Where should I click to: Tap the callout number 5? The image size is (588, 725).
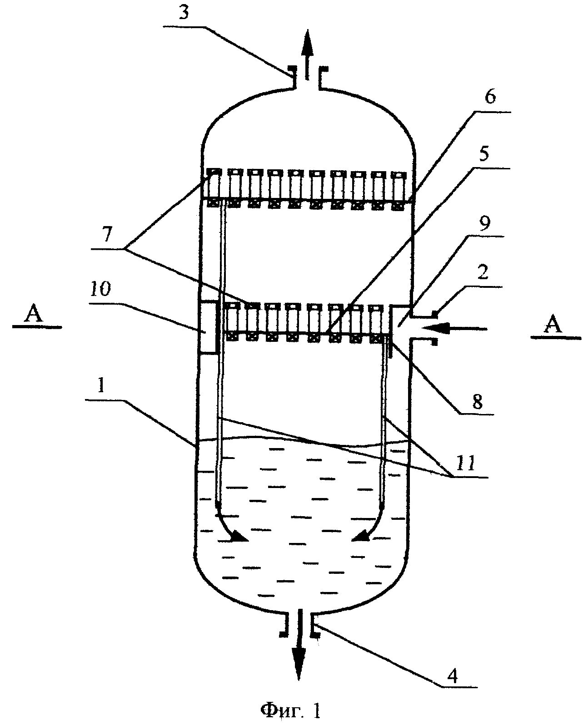pos(484,154)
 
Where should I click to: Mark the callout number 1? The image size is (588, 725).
pos(101,386)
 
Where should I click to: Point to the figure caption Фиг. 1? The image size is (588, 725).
pos(291,710)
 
